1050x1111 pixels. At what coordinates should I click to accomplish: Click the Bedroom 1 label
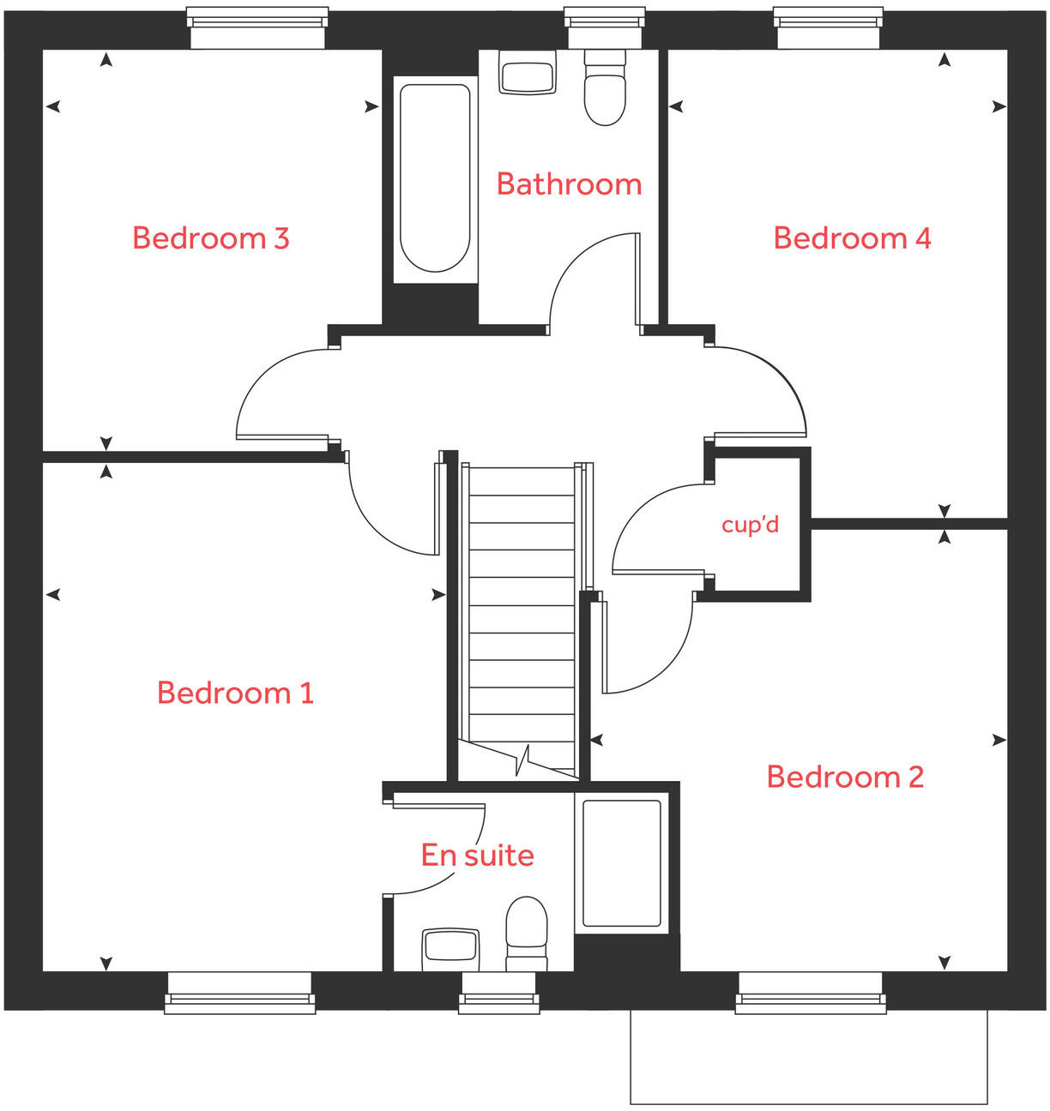pos(235,693)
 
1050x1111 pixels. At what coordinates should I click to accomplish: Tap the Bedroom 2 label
pos(845,777)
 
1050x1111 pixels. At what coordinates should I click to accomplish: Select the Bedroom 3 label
pos(210,238)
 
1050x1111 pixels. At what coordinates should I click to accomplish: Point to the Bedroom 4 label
pos(852,238)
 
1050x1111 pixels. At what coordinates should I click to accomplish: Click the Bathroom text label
pos(569,184)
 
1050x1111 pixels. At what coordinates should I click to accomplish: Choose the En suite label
pos(477,856)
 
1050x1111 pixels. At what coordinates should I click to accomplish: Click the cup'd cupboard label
pos(751,524)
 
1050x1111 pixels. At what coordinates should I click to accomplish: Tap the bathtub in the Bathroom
pos(435,178)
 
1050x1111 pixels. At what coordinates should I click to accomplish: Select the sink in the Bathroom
pos(528,74)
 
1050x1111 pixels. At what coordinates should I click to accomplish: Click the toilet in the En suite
pos(527,933)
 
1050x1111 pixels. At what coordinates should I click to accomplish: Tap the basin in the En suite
pos(450,948)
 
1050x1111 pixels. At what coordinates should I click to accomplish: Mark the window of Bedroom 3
pos(257,27)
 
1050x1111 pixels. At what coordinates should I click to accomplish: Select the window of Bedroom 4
pos(828,27)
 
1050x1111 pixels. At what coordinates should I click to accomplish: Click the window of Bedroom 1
pos(240,993)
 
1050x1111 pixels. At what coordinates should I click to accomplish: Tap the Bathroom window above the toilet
pos(605,27)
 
